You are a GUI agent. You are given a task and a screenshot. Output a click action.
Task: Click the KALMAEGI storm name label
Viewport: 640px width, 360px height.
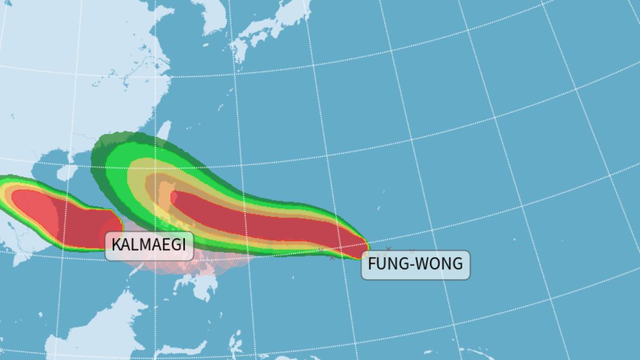(x=148, y=245)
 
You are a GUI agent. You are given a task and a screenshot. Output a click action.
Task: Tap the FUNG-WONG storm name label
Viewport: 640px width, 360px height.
(x=415, y=265)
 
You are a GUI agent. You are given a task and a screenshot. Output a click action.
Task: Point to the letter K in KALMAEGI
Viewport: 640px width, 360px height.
(x=116, y=245)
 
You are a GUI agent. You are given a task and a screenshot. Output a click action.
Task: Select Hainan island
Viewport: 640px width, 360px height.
(x=67, y=172)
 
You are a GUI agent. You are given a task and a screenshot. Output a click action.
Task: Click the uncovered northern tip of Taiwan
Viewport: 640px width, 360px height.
(x=167, y=126)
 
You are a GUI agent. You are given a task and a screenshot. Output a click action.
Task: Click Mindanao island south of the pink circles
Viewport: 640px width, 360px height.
(x=200, y=291)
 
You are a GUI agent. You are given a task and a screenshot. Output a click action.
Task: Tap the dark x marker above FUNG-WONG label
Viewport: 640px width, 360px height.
(x=388, y=249)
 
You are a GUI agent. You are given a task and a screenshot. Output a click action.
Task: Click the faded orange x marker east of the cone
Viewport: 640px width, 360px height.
(x=412, y=251)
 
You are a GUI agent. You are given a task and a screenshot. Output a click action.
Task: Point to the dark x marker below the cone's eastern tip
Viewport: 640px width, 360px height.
(x=332, y=258)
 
